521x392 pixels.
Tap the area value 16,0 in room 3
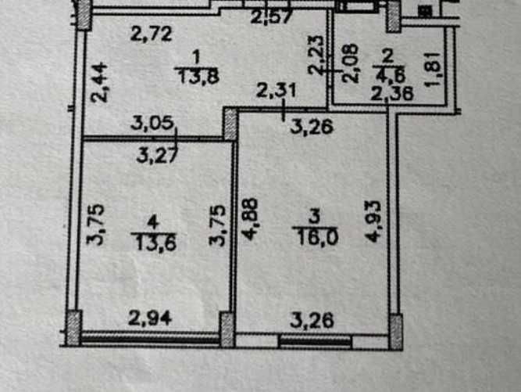319,237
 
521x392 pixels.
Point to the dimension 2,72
152,34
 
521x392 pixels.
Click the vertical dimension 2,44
99,82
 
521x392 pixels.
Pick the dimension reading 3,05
152,123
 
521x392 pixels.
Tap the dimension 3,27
158,156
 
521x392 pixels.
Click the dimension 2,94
150,318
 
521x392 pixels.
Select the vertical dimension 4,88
249,218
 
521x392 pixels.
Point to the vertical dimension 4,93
372,221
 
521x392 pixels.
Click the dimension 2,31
276,90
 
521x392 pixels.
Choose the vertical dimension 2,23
316,55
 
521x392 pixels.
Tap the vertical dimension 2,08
351,63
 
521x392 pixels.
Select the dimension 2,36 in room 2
392,94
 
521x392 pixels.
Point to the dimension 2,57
272,16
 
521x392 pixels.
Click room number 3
314,217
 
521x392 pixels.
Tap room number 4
152,222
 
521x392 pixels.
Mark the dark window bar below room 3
316,341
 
